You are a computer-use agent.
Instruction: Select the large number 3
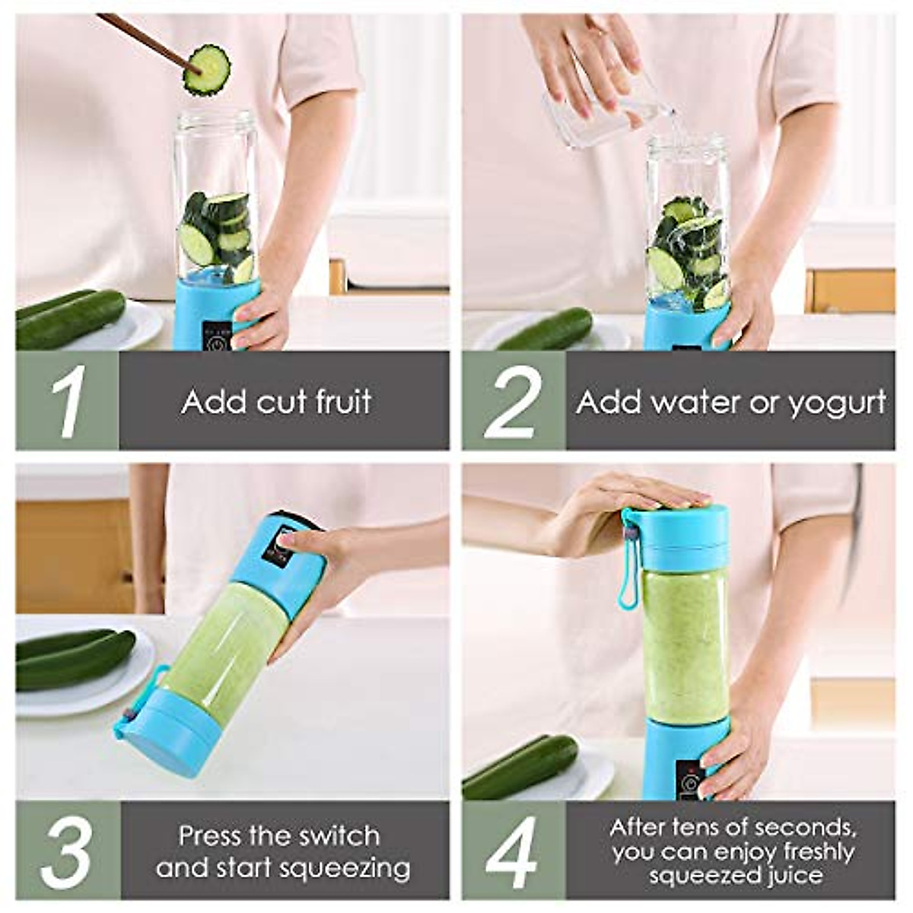point(67,850)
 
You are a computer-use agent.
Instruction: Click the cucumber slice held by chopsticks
point(207,70)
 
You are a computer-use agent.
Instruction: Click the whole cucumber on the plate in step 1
point(70,318)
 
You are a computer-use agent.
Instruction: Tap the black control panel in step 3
point(275,546)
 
